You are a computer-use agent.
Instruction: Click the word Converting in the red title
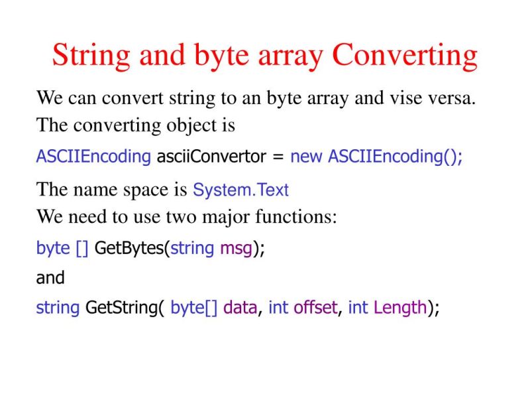(x=405, y=56)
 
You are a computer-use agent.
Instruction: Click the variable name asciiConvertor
(x=211, y=157)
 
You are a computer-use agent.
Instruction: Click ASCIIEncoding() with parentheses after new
(x=396, y=157)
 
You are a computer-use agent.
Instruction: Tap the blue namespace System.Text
(x=240, y=190)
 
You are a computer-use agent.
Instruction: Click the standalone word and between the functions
(x=50, y=278)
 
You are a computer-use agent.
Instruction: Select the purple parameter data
(x=240, y=308)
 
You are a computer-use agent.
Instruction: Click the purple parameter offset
(x=315, y=308)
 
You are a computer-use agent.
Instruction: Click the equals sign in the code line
(x=278, y=157)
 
